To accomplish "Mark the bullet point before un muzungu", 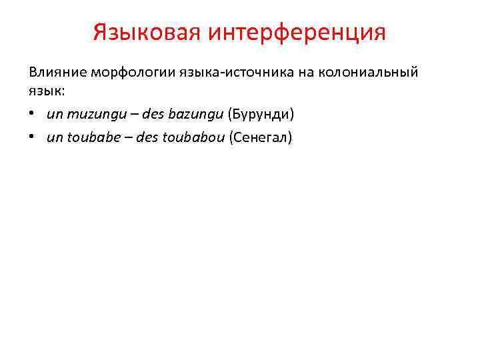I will pyautogui.click(x=32, y=115).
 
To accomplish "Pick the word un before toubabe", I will pyautogui.click(x=54, y=138).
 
